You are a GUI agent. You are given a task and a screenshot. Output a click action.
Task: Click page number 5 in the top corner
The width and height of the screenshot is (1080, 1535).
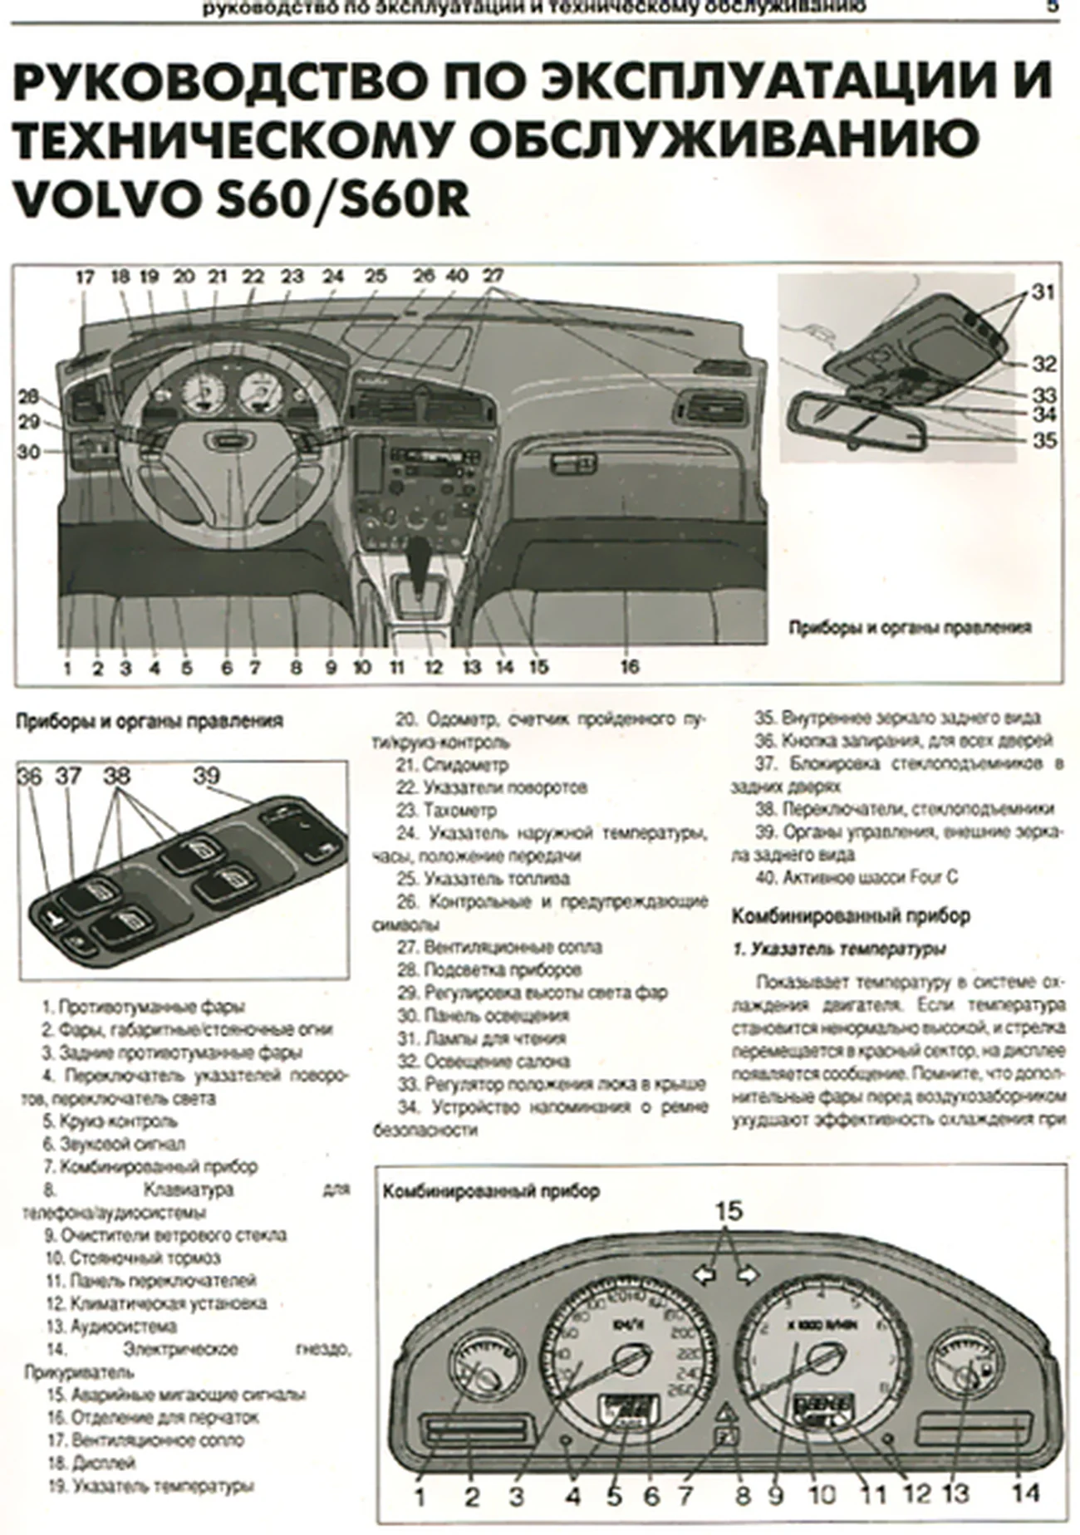(x=1051, y=7)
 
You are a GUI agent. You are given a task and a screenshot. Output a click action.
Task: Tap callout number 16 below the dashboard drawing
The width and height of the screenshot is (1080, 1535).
(x=629, y=666)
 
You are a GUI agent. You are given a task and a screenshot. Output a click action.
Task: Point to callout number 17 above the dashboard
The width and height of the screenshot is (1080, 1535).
(x=85, y=277)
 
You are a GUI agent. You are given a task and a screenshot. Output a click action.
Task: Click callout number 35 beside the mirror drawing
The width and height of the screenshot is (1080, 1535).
(x=1043, y=439)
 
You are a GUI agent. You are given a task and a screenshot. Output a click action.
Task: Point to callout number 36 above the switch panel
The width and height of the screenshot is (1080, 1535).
(x=29, y=777)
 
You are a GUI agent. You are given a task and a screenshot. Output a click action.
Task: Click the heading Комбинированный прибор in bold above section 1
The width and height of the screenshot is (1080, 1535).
(x=850, y=916)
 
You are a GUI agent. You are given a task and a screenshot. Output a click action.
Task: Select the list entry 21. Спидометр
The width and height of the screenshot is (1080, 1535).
(x=453, y=764)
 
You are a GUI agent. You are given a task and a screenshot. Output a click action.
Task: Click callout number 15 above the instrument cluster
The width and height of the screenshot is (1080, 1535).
(x=728, y=1211)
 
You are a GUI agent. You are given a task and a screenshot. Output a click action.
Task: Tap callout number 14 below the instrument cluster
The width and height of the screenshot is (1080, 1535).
(x=1025, y=1493)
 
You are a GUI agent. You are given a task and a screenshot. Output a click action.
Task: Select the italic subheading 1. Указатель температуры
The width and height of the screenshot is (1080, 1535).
(x=839, y=949)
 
